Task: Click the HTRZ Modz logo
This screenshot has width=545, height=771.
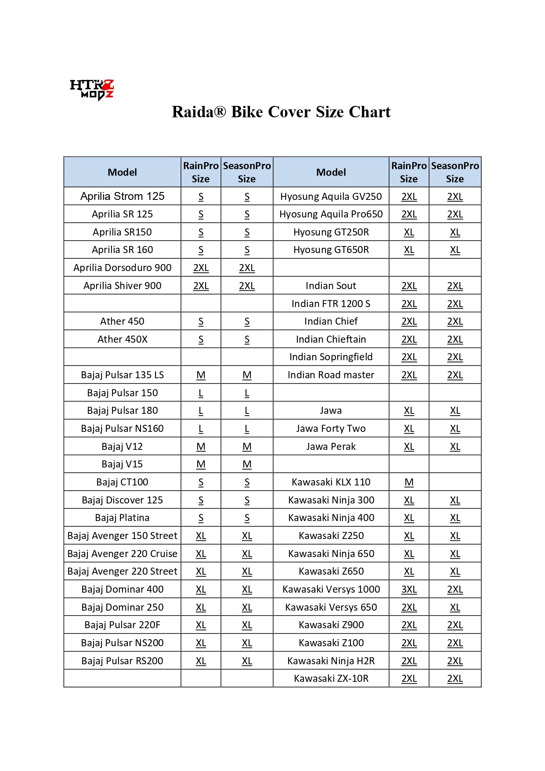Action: coord(92,89)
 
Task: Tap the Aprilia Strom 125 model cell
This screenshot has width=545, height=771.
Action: coord(122,196)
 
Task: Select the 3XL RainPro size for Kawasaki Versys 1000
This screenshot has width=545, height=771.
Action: coord(409,590)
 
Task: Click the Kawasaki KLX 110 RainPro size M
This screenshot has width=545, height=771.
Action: coord(409,482)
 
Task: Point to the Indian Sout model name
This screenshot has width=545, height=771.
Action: coord(331,286)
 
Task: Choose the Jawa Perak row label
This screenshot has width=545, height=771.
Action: coord(331,447)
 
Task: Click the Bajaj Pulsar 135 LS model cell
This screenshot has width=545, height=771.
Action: coord(122,375)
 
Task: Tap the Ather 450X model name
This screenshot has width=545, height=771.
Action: coord(122,340)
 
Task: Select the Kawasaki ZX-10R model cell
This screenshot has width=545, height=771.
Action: coord(331,679)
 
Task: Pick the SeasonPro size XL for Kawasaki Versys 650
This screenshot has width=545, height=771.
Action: coord(455,608)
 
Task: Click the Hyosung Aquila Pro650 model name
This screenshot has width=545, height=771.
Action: coord(331,214)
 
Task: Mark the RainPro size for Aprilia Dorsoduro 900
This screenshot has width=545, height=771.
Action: coord(201,268)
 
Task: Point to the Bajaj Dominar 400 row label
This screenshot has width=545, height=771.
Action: coord(122,590)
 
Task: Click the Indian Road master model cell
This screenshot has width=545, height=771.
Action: coord(331,375)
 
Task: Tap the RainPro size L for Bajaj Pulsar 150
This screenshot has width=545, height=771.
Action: coord(201,393)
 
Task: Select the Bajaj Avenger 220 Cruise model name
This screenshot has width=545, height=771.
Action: coord(122,554)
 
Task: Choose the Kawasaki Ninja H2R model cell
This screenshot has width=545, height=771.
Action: coord(331,661)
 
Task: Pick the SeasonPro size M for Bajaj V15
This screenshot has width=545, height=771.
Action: coord(247,464)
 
